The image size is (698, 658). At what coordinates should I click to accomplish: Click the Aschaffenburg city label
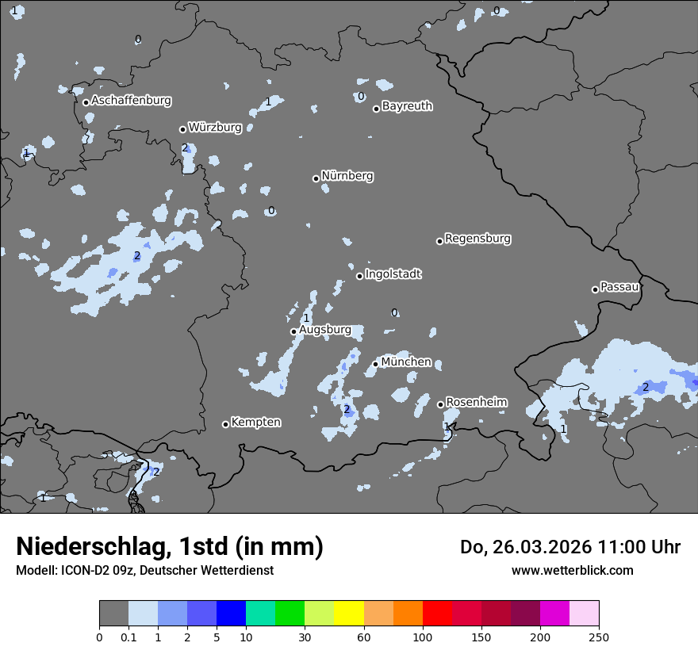[x=131, y=101]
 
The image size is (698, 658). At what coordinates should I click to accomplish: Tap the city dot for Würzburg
[x=182, y=129]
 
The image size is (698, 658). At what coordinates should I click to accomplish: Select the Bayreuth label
[x=407, y=105]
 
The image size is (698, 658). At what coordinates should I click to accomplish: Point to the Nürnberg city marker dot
[x=316, y=178]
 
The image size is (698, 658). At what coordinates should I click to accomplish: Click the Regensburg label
[x=477, y=238]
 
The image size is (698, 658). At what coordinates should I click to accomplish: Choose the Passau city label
[x=619, y=286]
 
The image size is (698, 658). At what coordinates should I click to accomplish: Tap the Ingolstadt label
[x=393, y=274]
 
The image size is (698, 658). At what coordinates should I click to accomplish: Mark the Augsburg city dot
[x=293, y=331]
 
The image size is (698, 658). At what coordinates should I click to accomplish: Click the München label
[x=406, y=362]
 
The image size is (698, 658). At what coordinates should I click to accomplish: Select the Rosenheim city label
[x=476, y=402]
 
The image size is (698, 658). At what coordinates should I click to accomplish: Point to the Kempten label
[x=255, y=422]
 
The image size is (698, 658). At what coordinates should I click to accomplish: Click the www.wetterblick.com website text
[x=572, y=570]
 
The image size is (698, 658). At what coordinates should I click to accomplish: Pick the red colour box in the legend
[x=437, y=614]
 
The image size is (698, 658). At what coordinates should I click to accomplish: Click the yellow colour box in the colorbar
[x=349, y=614]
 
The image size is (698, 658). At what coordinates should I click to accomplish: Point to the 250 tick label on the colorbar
[x=599, y=637]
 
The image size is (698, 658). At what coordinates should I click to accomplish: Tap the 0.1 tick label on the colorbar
[x=128, y=637]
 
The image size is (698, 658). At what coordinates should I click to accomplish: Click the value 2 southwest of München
[x=347, y=409]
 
